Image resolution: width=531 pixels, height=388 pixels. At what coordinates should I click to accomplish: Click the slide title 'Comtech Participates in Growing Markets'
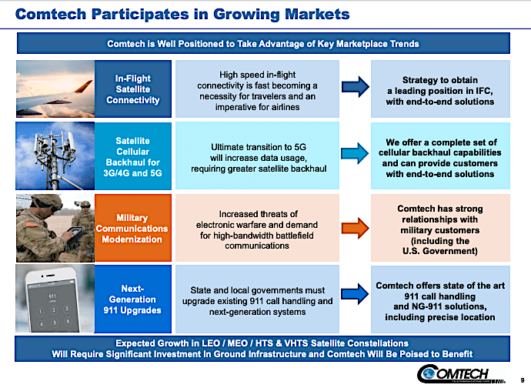(185, 14)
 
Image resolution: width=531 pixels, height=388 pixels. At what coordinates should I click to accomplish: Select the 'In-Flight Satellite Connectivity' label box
(132, 89)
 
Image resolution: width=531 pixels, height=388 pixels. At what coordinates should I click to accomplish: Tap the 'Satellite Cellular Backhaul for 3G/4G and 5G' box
(132, 158)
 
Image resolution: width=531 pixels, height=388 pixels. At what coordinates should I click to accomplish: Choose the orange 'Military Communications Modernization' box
(132, 229)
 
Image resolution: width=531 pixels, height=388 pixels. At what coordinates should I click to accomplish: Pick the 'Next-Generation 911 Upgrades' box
(132, 299)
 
